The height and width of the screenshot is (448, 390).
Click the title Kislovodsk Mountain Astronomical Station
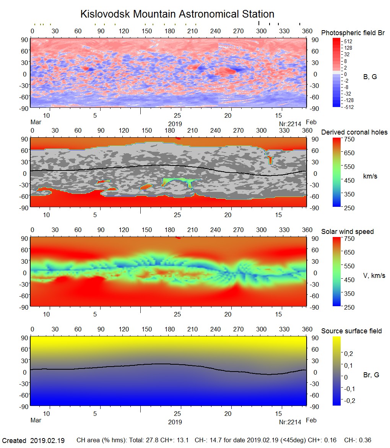[x=177, y=14]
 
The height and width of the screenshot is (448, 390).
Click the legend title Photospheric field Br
[x=353, y=33]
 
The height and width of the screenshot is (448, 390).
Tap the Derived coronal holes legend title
[x=354, y=132]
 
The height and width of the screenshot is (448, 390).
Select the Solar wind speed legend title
[x=347, y=232]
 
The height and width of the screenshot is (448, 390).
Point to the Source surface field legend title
[x=351, y=331]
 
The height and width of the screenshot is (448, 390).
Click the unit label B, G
[x=370, y=77]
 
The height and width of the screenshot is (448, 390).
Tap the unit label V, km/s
[x=374, y=276]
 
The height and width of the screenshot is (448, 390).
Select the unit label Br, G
[x=371, y=375]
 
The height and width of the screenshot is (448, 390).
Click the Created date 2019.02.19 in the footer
[x=47, y=440]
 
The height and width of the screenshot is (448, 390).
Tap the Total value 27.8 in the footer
[x=152, y=440]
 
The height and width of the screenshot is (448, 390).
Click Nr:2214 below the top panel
[x=290, y=124]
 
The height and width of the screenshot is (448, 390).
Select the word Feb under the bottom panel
[x=311, y=420]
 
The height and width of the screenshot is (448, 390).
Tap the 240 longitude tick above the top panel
[x=215, y=31]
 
